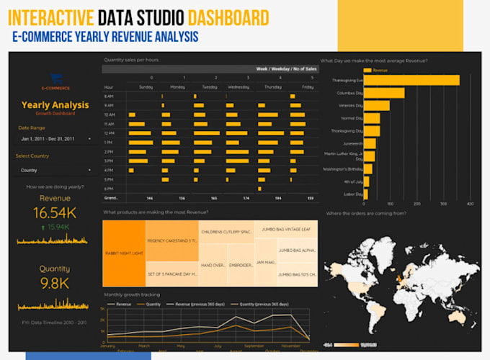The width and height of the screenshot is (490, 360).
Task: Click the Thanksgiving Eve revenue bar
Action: (x=411, y=80)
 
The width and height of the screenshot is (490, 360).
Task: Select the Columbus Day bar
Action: (x=384, y=93)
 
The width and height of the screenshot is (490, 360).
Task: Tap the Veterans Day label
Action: (x=349, y=106)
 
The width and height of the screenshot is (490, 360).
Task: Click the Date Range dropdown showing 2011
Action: (x=56, y=138)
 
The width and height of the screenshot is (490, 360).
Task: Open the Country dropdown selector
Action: (x=56, y=170)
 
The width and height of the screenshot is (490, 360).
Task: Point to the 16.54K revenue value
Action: (x=55, y=212)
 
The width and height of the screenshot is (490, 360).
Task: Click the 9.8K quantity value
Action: (x=55, y=284)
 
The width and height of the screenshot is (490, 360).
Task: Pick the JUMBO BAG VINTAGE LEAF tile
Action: (x=285, y=230)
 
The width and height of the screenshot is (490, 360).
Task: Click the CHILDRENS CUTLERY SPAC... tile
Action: (x=226, y=232)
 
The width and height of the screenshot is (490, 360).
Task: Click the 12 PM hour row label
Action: (x=109, y=133)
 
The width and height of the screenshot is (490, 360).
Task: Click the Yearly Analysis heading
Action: (x=55, y=105)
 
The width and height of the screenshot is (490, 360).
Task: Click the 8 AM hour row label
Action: (x=109, y=96)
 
